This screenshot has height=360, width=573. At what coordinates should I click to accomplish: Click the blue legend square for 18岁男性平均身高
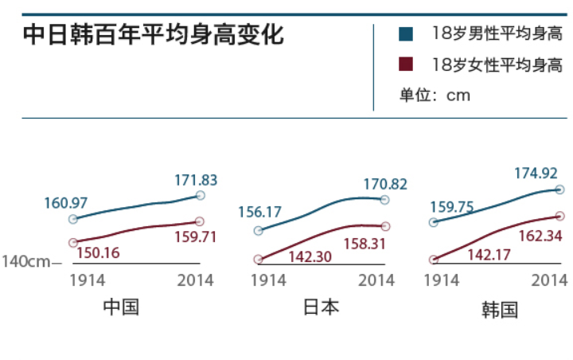coord(405,34)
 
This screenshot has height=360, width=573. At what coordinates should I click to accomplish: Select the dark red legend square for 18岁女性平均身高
coord(405,65)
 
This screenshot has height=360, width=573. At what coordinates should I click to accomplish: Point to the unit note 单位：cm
coord(435,96)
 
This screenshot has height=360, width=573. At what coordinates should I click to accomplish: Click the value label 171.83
coord(196,180)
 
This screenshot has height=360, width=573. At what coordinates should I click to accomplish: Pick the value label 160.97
coord(66,203)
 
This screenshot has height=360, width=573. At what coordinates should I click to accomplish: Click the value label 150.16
coord(98,253)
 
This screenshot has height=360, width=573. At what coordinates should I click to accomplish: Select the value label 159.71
coord(195,237)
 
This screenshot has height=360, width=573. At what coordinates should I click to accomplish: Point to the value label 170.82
coord(385,184)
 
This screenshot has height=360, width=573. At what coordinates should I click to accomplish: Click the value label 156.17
coord(260,213)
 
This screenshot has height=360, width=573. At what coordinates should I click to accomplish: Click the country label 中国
coord(121,307)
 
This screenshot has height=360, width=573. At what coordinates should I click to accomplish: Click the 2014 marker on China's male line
coord(200,195)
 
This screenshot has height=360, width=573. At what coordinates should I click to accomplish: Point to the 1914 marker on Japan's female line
coord(258,259)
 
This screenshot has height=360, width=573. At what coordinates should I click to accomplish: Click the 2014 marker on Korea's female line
coord(559,215)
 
